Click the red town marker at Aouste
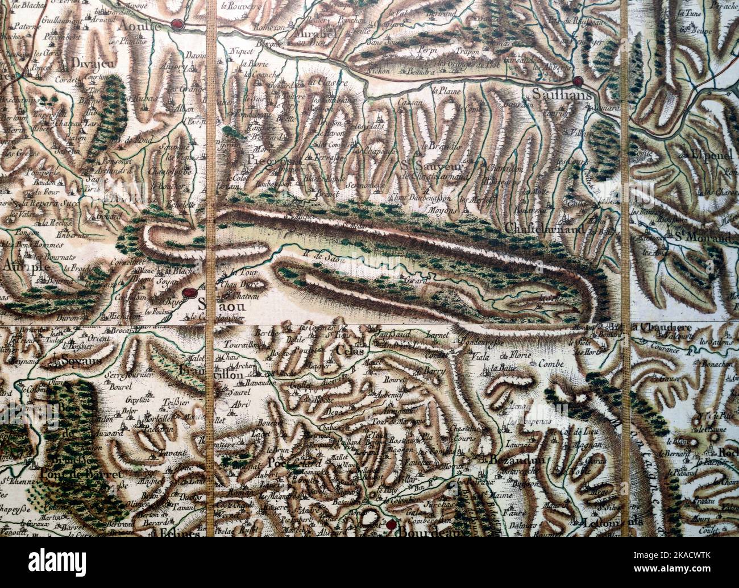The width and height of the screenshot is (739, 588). point(178,24)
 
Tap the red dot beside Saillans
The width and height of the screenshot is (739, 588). point(578,81)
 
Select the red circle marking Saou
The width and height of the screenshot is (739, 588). point(189,293)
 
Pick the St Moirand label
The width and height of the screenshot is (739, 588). point(703,237)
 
